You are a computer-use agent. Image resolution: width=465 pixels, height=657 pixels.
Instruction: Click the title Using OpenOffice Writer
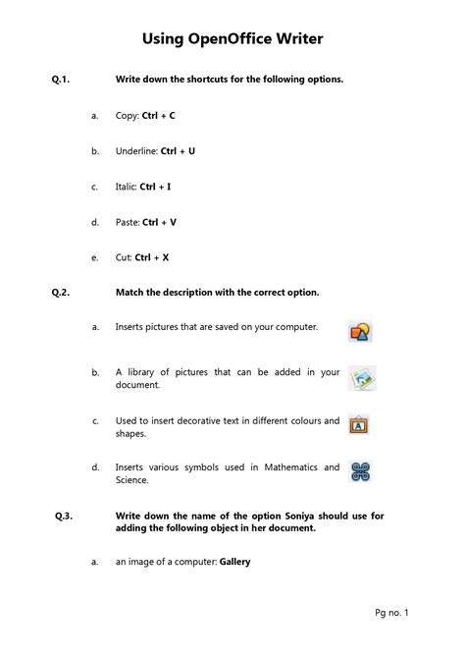[232, 39]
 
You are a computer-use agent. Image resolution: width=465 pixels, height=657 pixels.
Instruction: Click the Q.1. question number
[64, 80]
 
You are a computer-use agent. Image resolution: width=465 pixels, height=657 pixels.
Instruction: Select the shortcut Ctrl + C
[159, 116]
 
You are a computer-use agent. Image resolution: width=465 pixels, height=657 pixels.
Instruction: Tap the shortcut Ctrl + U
[178, 151]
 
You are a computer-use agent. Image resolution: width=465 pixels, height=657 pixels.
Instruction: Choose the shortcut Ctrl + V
[160, 222]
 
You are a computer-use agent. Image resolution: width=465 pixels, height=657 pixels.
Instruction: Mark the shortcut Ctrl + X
[152, 257]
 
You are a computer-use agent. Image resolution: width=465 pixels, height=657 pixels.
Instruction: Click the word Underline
[135, 151]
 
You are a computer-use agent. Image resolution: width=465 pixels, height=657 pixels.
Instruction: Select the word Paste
[127, 222]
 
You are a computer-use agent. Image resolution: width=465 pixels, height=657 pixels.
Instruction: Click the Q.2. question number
[64, 293]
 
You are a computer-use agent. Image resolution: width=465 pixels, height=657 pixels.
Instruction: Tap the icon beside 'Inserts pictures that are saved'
[360, 331]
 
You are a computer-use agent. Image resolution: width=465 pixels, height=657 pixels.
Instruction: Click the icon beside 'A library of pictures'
[361, 379]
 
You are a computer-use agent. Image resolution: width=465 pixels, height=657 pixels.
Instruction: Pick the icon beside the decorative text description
[359, 425]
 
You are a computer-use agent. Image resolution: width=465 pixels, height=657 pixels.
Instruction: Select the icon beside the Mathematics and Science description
[361, 472]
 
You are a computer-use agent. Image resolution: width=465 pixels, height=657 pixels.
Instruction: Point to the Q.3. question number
[66, 516]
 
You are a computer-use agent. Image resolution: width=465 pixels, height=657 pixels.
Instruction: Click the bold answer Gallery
[235, 563]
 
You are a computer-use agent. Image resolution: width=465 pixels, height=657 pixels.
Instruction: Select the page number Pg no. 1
[391, 614]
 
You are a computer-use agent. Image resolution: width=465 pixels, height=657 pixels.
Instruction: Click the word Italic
[127, 187]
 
